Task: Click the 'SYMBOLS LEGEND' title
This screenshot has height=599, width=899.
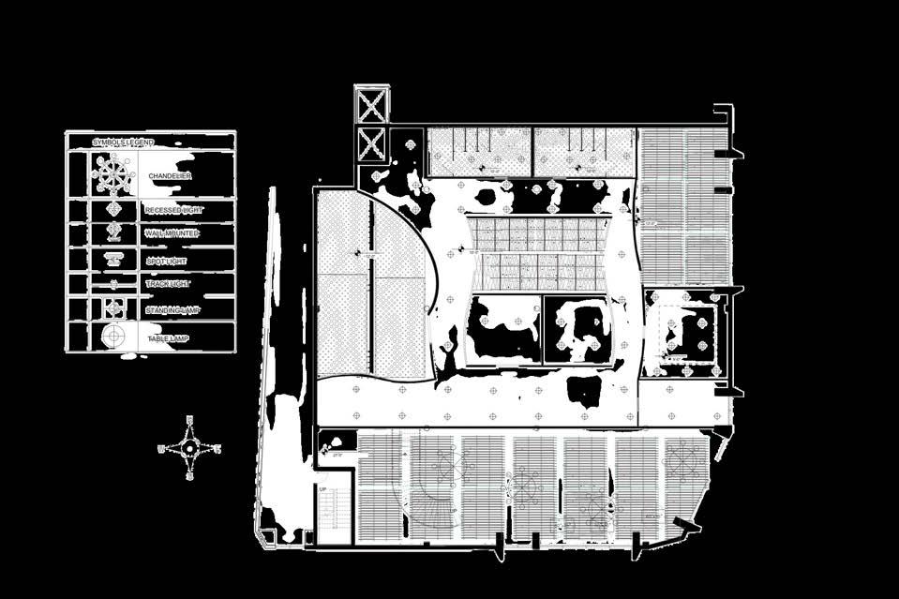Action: (123, 142)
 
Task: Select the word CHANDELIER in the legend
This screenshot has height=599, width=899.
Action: (170, 175)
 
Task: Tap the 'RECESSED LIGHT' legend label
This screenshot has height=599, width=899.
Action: (173, 210)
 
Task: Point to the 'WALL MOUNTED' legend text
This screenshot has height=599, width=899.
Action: (172, 232)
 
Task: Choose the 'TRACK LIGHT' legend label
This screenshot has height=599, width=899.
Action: (169, 283)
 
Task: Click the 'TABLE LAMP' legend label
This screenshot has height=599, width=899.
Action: (169, 337)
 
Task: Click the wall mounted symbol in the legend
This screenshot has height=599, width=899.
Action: (113, 232)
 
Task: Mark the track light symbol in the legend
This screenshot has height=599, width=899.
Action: (113, 283)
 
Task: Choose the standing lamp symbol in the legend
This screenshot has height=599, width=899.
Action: (113, 308)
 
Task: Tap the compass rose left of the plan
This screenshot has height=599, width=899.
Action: (189, 448)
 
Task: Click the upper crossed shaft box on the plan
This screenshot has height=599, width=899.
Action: (372, 105)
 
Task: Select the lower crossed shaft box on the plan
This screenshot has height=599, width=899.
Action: (372, 144)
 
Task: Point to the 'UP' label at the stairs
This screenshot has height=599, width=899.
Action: (322, 489)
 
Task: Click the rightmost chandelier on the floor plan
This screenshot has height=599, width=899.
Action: (683, 460)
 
